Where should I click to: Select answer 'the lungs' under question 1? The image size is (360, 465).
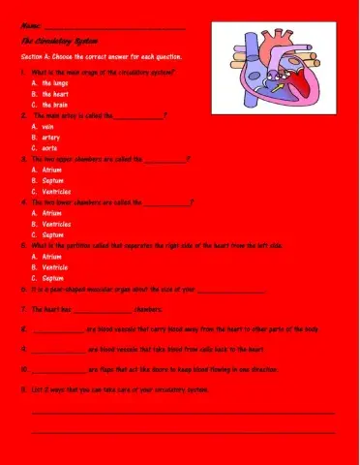(54, 83)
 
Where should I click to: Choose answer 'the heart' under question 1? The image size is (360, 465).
(54, 94)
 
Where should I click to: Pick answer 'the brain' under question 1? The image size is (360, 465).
(54, 105)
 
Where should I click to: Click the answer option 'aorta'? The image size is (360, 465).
(50, 147)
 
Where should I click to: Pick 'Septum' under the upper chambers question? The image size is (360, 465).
(52, 180)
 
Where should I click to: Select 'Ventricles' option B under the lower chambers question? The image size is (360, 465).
(58, 224)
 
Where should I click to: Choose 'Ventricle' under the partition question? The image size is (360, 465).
(55, 266)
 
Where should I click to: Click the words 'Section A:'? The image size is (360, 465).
(38, 58)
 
